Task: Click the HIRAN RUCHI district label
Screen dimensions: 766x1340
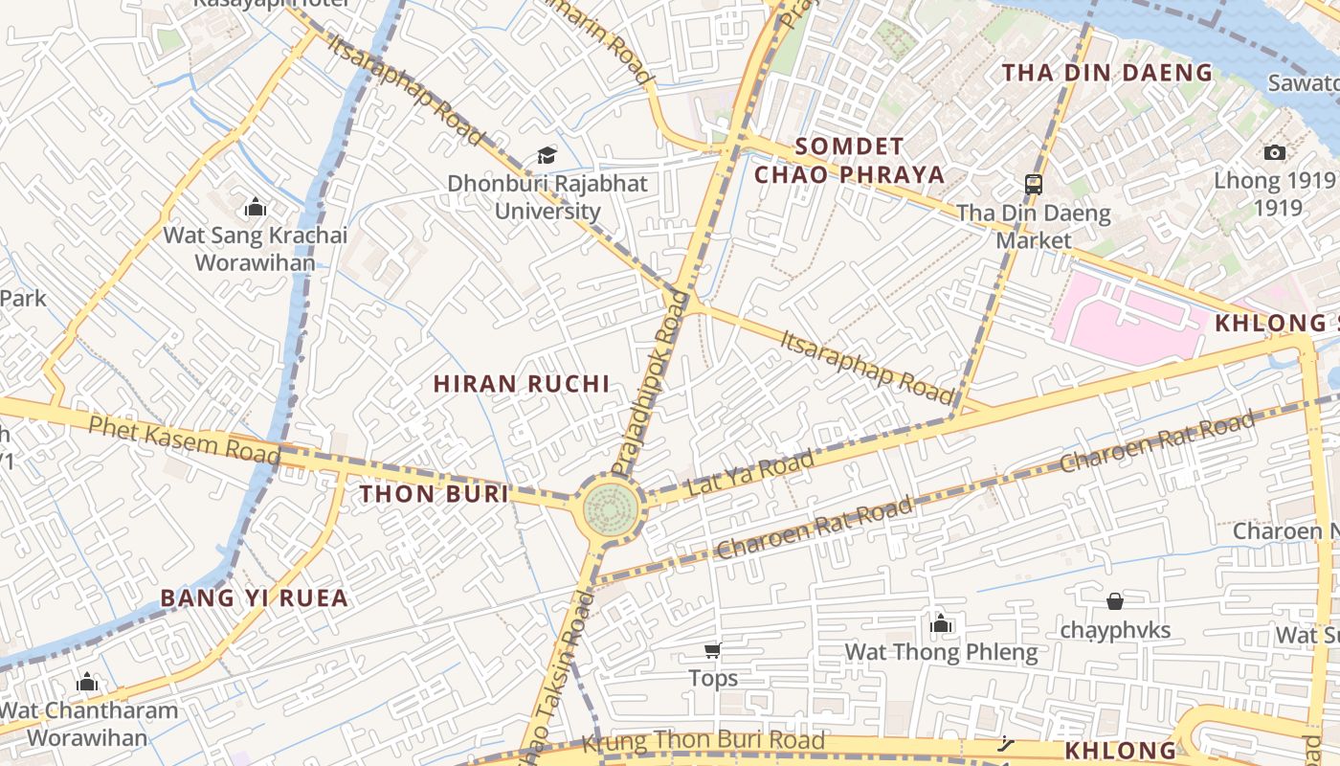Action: (x=521, y=384)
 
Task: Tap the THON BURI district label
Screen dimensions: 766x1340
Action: (x=434, y=494)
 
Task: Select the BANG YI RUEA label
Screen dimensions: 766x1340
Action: (x=254, y=598)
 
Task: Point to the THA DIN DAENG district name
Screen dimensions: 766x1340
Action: (x=1106, y=73)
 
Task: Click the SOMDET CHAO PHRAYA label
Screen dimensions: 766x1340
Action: (x=849, y=161)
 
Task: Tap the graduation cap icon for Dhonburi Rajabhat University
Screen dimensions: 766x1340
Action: (x=547, y=155)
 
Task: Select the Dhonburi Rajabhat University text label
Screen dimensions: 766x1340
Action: (x=547, y=197)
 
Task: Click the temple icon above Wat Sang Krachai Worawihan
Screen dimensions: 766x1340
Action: (x=255, y=207)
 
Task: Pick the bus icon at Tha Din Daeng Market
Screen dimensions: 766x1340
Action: (x=1033, y=184)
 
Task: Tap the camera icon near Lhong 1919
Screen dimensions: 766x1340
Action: (x=1274, y=152)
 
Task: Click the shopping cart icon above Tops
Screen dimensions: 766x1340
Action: (x=712, y=651)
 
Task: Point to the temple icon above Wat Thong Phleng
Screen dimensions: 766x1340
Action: (x=940, y=624)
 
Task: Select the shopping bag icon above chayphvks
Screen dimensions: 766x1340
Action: (x=1114, y=601)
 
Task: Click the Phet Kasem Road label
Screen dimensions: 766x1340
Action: (x=184, y=439)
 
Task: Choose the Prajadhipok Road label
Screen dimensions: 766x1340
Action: (x=651, y=383)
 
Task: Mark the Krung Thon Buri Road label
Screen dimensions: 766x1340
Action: (x=703, y=740)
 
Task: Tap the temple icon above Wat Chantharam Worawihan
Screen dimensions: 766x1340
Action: (x=87, y=682)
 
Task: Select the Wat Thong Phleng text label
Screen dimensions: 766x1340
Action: (x=940, y=653)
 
